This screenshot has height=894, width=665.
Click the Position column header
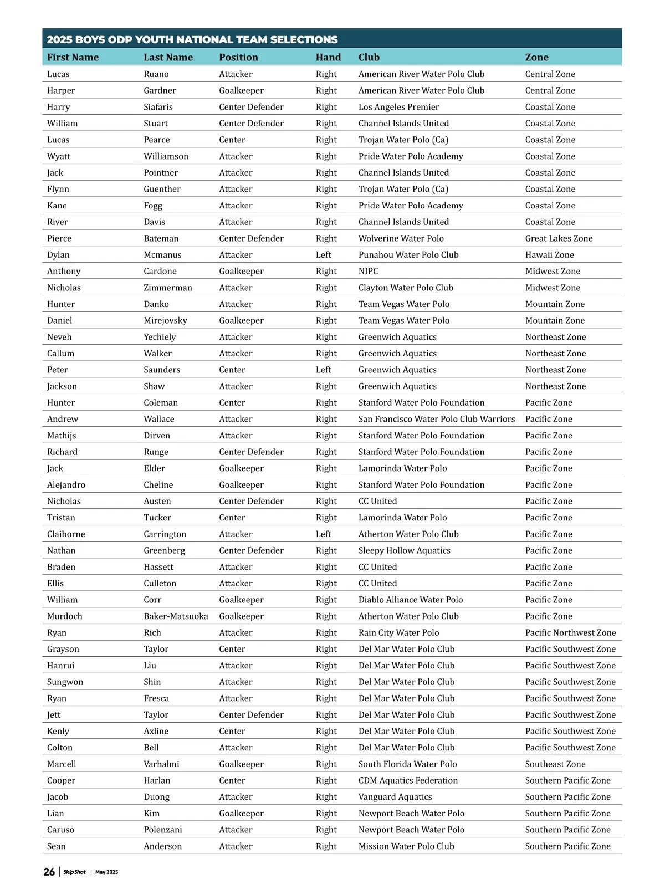click(x=238, y=57)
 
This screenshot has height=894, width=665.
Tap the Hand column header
click(x=328, y=57)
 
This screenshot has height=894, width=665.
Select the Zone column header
click(x=536, y=57)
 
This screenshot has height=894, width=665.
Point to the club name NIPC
click(x=368, y=271)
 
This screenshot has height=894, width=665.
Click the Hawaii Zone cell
click(x=549, y=255)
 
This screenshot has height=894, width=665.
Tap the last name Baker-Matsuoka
click(x=176, y=616)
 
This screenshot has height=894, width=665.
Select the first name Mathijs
click(x=62, y=436)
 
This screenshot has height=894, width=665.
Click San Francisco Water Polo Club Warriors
click(x=436, y=419)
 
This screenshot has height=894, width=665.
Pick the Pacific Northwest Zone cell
click(x=570, y=632)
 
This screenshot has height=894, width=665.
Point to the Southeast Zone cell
click(x=555, y=764)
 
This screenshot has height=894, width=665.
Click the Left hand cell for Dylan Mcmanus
click(x=323, y=255)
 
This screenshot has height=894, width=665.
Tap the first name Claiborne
click(x=66, y=534)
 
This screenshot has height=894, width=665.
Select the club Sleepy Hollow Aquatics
click(x=404, y=550)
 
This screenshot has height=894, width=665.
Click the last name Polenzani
click(x=162, y=830)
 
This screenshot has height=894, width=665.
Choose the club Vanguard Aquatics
click(x=395, y=797)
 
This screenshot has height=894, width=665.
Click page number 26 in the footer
click(x=49, y=872)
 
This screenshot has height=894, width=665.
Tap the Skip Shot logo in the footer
click(x=74, y=872)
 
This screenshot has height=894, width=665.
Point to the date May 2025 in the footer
click(x=106, y=872)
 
